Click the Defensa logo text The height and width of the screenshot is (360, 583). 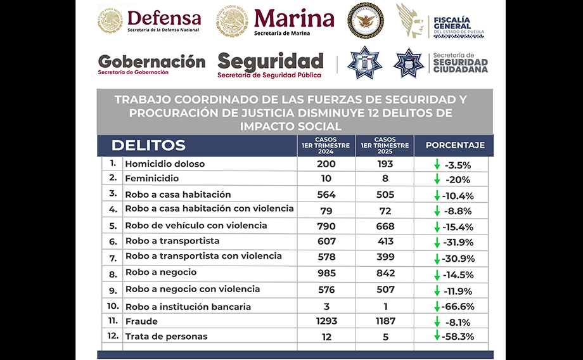[x=164, y=18]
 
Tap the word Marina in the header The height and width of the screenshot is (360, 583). [x=293, y=18]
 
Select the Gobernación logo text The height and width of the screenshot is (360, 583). [x=151, y=62]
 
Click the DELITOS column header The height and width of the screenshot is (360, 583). [x=148, y=145]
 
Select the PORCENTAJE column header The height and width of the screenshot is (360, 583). [x=455, y=145]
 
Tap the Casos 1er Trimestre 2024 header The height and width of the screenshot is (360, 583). [x=326, y=145]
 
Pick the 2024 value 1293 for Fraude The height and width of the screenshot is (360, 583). [x=326, y=321]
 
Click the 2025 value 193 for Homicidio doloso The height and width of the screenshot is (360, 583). [x=385, y=164]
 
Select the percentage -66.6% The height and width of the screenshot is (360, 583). [x=459, y=307]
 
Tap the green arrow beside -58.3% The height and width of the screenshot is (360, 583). [x=437, y=335]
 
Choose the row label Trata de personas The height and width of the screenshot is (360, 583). [x=166, y=337]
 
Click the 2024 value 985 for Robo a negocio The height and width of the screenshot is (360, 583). [x=326, y=273]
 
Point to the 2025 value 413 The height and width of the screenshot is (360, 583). [x=385, y=241]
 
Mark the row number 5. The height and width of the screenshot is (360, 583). [x=112, y=226]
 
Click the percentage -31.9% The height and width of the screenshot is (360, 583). [x=459, y=242]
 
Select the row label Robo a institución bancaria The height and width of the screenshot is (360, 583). [x=188, y=307]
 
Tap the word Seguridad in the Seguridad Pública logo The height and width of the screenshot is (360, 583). [x=270, y=61]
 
